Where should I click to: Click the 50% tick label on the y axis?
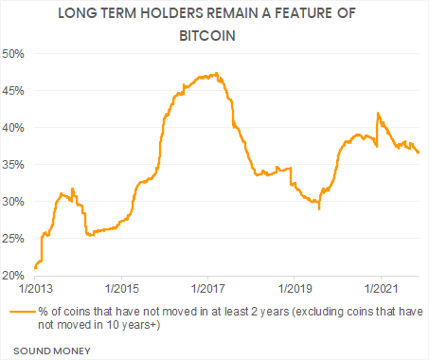[x=15, y=53]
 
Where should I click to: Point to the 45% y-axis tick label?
[x=15, y=90]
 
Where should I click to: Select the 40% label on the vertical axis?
[x=15, y=127]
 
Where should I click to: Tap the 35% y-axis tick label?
[x=15, y=164]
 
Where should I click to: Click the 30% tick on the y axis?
[x=15, y=202]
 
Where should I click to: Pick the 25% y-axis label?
[x=15, y=239]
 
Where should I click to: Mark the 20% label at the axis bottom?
[x=15, y=276]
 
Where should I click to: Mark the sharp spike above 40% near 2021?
[x=378, y=113]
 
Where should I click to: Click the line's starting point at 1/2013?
[x=35, y=268]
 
